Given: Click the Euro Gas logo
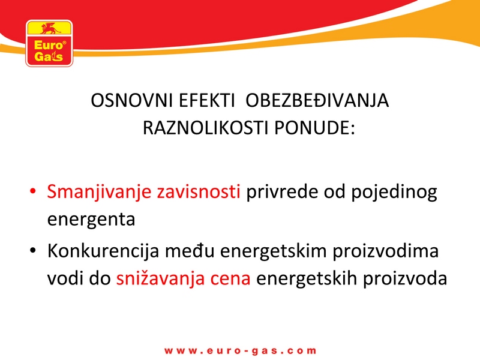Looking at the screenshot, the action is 49,43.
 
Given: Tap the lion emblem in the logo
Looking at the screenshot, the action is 50,28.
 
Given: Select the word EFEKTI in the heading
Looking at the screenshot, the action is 206,100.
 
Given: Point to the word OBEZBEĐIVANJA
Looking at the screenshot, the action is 317,100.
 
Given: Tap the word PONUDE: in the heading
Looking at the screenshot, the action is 314,127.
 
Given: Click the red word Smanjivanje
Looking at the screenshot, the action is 99,193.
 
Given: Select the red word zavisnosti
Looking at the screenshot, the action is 199,191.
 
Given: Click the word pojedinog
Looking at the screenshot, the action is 394,193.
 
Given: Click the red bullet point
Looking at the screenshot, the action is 33,191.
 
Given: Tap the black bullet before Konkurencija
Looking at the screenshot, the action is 33,250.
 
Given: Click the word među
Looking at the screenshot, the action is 190,250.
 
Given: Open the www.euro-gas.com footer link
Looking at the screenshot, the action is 241,351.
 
